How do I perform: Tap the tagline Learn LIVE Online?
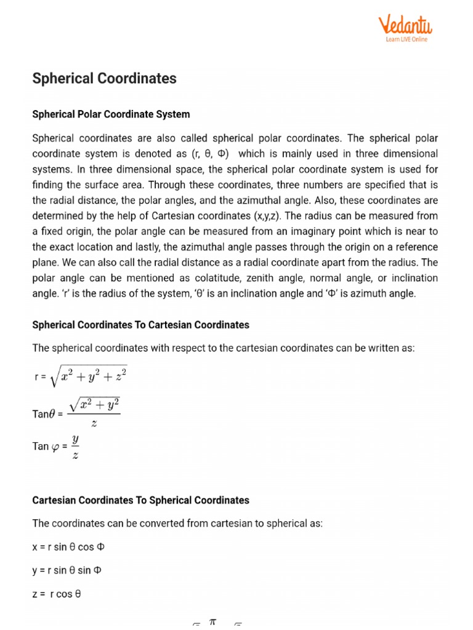pyautogui.click(x=406, y=39)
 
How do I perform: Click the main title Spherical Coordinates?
pyautogui.click(x=104, y=78)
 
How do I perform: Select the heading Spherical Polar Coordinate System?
pyautogui.click(x=111, y=114)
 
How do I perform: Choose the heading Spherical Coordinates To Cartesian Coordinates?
pyautogui.click(x=140, y=324)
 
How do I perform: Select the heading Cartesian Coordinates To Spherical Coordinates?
pyautogui.click(x=140, y=500)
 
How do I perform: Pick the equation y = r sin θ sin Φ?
pyautogui.click(x=67, y=570)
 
